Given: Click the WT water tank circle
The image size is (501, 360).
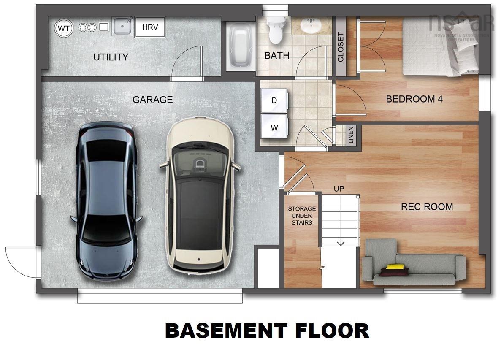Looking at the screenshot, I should pos(64,28).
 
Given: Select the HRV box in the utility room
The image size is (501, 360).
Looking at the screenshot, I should pos(150,27).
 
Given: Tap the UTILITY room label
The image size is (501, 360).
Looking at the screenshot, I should pos(111,57).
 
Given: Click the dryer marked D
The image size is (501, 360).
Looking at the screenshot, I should pos(274,100).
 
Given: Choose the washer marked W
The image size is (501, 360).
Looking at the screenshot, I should pos(274,127).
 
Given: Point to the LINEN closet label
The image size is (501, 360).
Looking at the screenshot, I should pos(351,135).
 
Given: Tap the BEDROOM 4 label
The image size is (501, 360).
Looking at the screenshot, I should pos(414,99).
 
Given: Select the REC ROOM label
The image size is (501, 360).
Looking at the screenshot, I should pos(427,207).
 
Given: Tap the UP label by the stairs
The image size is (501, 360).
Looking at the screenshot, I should pos(339,189).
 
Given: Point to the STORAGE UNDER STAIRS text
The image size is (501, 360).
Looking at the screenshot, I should pos(302,215).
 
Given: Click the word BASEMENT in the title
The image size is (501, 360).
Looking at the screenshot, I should pos(226,331).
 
